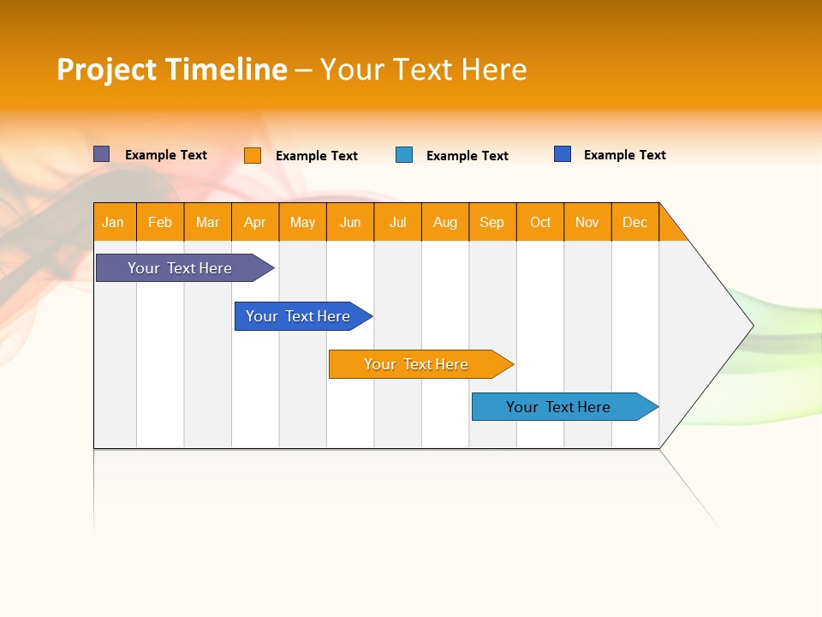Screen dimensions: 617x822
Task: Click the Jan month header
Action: tap(113, 222)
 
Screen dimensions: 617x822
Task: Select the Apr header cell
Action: tap(254, 222)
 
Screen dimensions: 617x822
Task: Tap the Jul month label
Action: tap(397, 222)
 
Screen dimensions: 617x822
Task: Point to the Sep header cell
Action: tap(491, 222)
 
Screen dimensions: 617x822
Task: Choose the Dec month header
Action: tap(634, 222)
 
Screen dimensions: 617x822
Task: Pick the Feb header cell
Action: tap(160, 222)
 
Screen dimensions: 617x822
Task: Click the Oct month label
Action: tap(539, 222)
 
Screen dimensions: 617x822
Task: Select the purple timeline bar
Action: tap(180, 268)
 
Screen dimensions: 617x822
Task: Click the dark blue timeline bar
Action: tap(298, 316)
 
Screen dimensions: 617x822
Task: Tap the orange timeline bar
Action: tap(416, 364)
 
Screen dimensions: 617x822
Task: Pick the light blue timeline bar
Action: tap(558, 407)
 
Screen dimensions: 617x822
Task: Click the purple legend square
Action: tap(101, 154)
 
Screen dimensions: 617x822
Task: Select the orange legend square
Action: tap(253, 155)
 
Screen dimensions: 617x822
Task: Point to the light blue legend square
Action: tap(404, 155)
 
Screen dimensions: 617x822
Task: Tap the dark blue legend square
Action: tap(563, 154)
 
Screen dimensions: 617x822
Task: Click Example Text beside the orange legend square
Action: tap(316, 156)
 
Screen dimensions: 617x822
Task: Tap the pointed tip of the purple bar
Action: tap(270, 268)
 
